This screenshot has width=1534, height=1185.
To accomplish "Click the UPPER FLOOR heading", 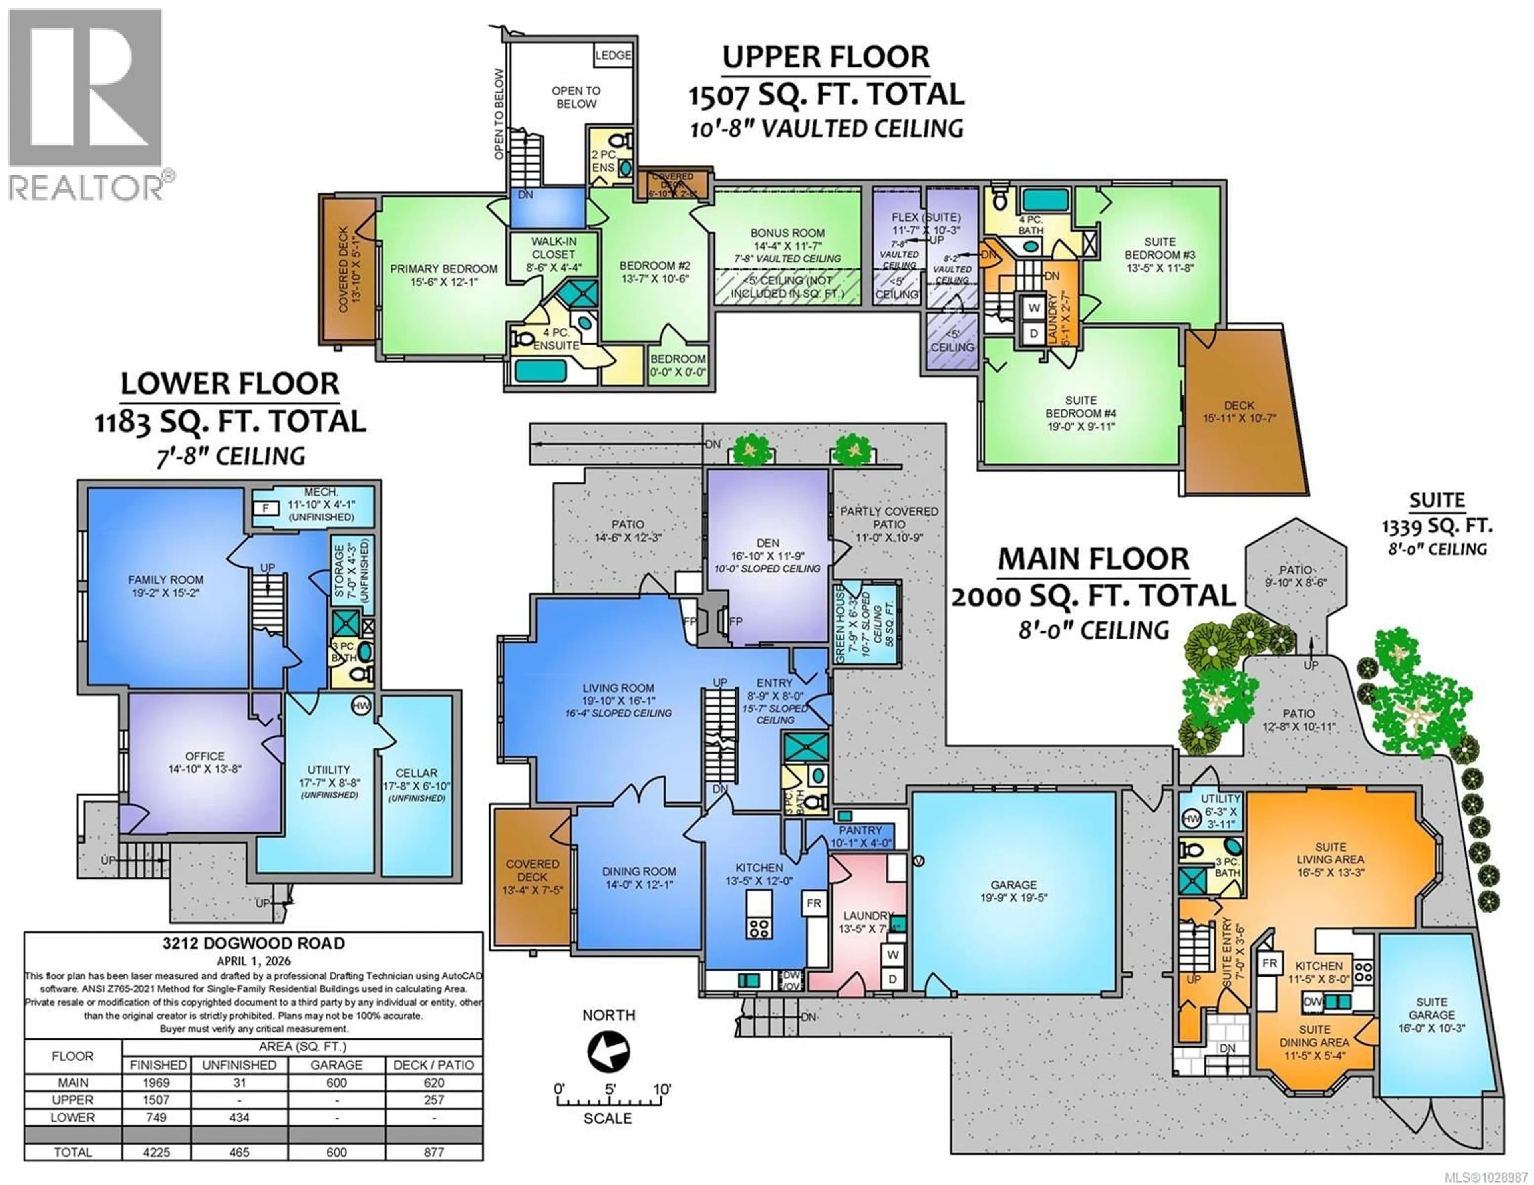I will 826,57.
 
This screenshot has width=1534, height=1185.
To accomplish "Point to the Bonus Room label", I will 787,233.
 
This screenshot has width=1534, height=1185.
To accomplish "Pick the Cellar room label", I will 417,773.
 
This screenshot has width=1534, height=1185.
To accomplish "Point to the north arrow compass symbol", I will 608,1052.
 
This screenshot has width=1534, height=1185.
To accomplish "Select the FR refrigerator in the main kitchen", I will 813,903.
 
